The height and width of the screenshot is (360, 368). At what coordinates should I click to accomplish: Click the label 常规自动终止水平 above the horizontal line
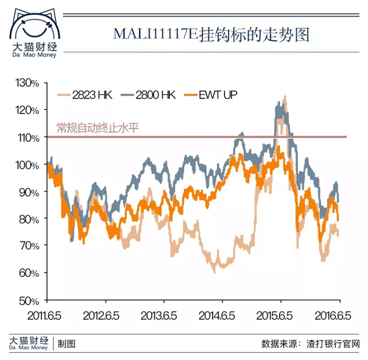coord(97,128)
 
